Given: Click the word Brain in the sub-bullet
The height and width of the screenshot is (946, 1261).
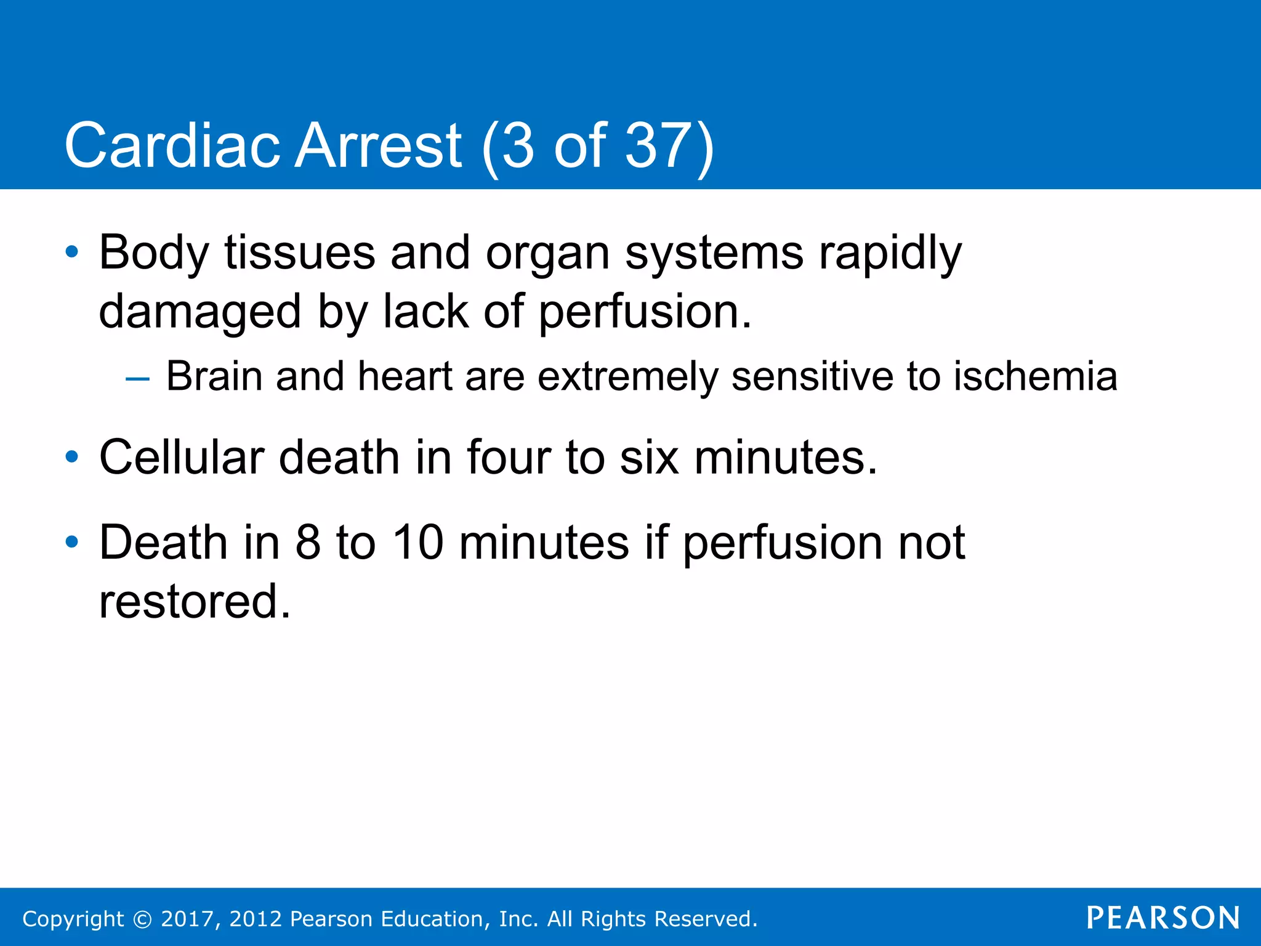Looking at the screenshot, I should coord(214,376).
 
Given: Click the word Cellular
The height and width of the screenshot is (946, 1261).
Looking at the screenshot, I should coord(182,458).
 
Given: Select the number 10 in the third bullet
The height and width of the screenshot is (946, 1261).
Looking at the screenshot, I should coord(418,543).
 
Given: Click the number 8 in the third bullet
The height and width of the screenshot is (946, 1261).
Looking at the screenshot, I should coord(308,543).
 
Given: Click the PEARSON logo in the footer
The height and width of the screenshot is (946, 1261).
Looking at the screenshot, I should coord(1162,918).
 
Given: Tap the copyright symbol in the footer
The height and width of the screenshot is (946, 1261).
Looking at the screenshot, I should coord(142,919).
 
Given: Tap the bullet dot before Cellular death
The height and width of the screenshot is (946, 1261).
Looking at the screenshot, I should coord(72,457).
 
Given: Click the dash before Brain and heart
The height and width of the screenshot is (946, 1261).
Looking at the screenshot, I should coord(137,378).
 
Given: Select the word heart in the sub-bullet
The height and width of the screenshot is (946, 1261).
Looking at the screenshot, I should coord(405,376).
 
